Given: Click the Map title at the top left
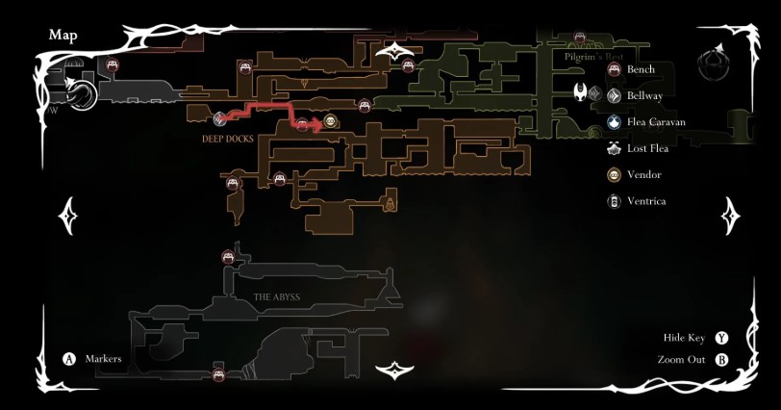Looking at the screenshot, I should (63, 36).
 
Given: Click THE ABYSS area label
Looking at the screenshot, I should (277, 296).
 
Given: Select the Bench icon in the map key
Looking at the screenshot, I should (613, 69).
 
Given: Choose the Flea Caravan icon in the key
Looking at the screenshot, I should (613, 122).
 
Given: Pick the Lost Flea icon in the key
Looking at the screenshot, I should (613, 148).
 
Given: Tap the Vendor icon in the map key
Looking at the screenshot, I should (613, 174).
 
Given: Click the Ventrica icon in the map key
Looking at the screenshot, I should (613, 201).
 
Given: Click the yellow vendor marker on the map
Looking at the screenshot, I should (330, 121).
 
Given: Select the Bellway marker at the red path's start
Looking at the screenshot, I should (220, 119).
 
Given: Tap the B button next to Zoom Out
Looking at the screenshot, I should (721, 360).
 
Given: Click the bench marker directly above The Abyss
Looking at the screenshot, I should (229, 256).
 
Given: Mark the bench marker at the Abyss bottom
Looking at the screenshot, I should (218, 374).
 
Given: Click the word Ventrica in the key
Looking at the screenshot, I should (645, 201).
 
